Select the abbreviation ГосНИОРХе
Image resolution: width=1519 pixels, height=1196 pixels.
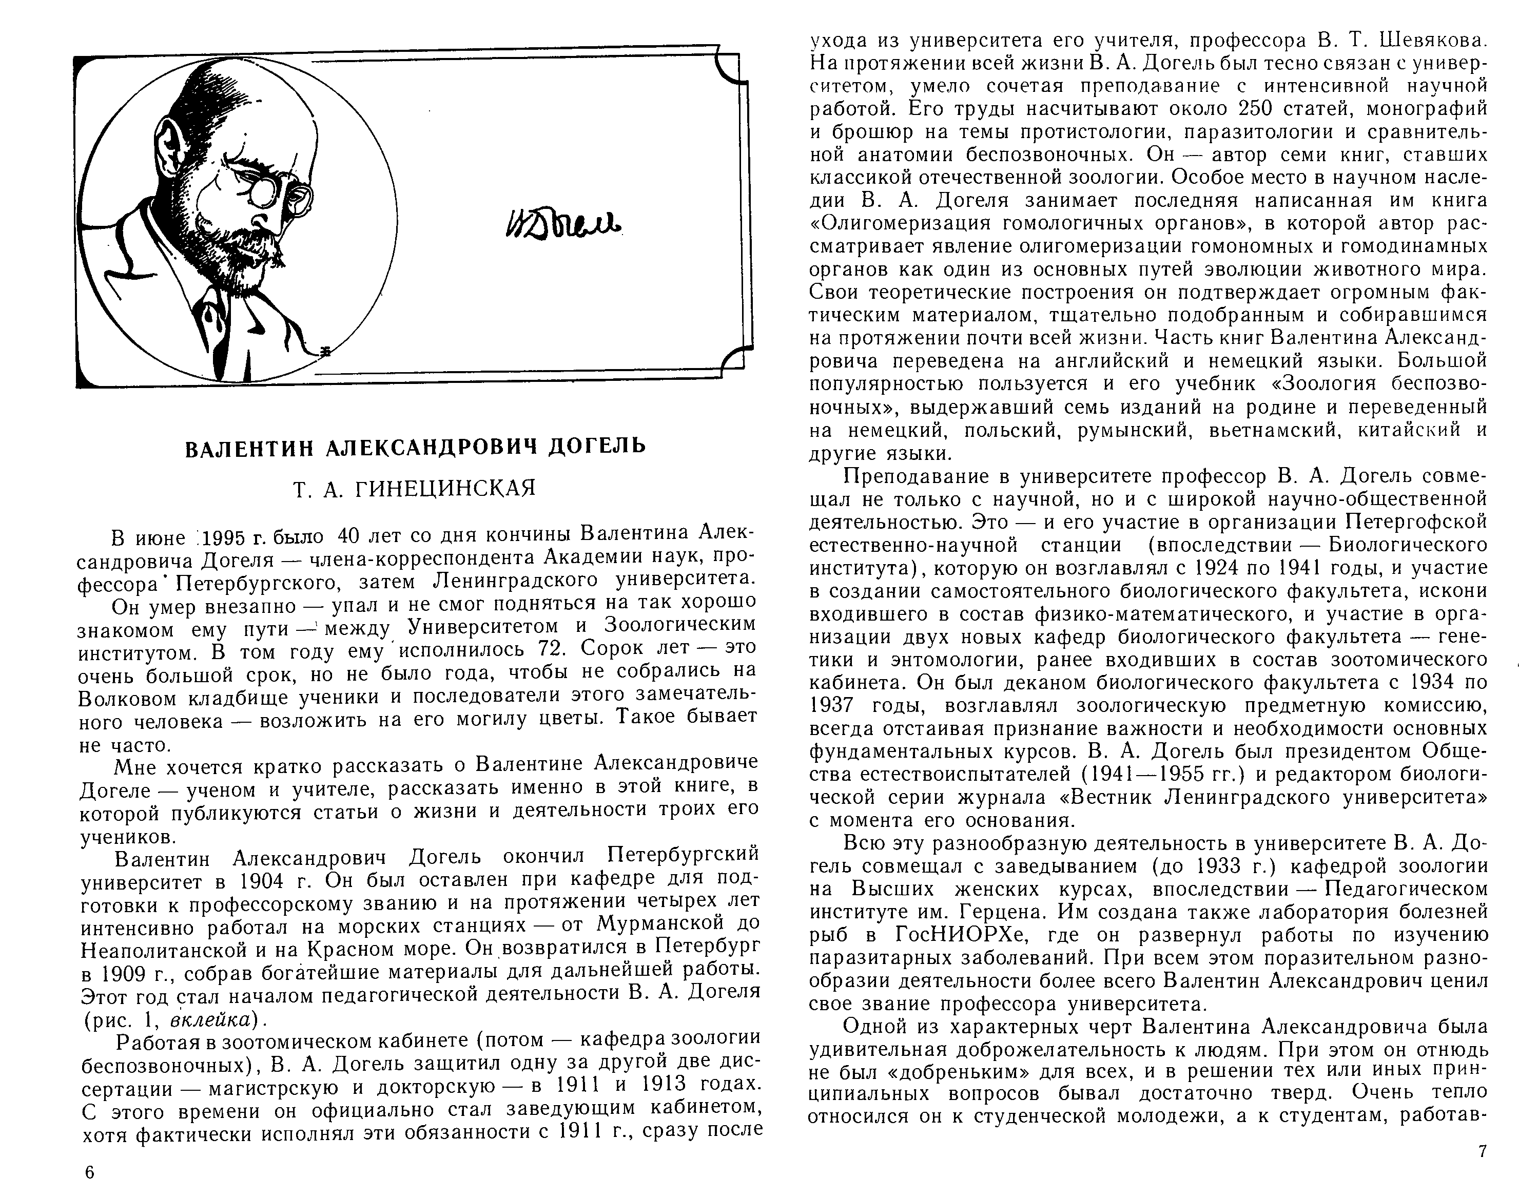point(956,936)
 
